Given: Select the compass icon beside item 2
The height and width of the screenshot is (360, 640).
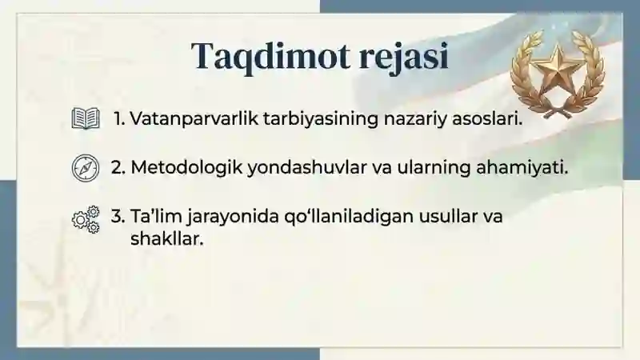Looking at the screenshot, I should tap(84, 168).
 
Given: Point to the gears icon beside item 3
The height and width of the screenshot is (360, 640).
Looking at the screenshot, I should tap(86, 218).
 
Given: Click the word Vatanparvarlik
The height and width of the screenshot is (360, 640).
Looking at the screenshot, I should tap(186, 120).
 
